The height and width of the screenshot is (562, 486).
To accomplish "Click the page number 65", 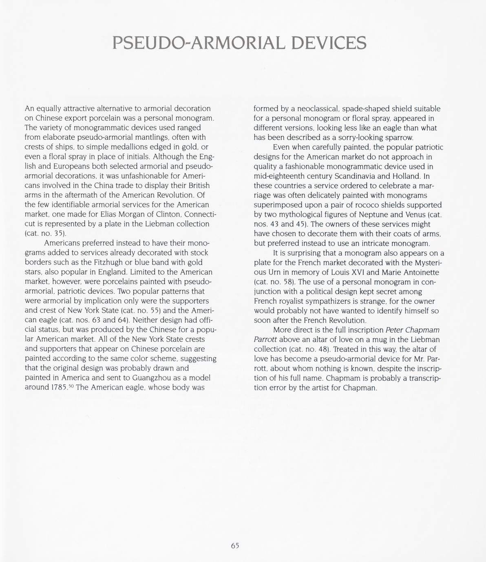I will coord(235,546).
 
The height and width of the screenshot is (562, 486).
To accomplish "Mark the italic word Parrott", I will coord(265,340).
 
